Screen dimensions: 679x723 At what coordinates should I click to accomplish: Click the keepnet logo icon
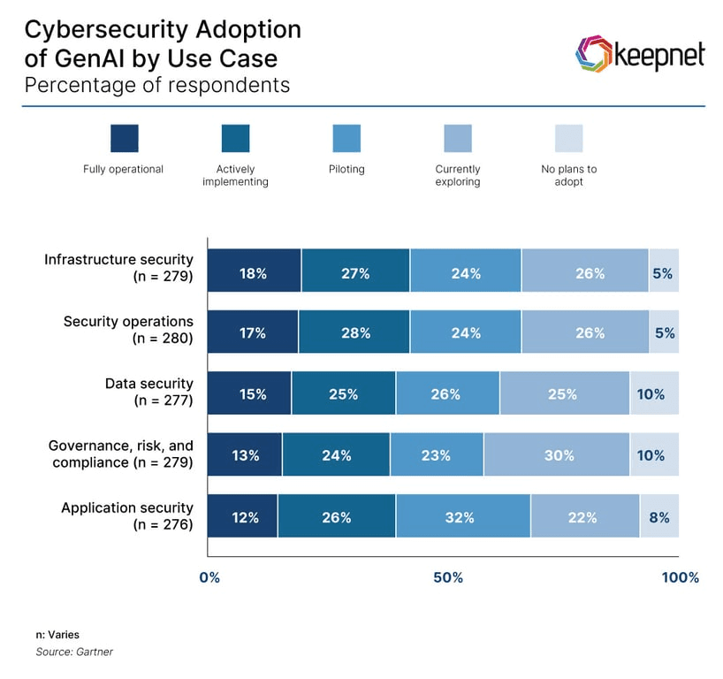click(x=593, y=55)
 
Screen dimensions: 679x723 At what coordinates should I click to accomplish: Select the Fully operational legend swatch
click(x=124, y=138)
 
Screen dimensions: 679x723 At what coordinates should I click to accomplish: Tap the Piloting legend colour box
click(x=346, y=138)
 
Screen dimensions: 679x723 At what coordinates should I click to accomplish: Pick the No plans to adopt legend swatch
click(x=568, y=138)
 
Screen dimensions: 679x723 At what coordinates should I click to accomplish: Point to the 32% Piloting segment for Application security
click(x=462, y=516)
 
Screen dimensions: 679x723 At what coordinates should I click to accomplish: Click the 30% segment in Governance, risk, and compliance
click(x=557, y=454)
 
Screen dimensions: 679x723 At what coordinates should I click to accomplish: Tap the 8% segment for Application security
click(x=659, y=516)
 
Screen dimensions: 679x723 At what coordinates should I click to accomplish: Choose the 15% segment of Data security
click(x=249, y=393)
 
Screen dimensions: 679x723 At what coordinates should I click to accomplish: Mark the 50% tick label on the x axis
click(x=448, y=577)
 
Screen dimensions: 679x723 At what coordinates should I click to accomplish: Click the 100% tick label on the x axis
click(x=680, y=577)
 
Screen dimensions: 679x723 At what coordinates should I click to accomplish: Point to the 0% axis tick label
click(x=209, y=577)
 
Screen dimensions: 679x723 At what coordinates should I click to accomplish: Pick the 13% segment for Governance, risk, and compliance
click(x=245, y=454)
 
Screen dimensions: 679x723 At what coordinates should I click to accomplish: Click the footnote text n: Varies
click(x=57, y=635)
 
